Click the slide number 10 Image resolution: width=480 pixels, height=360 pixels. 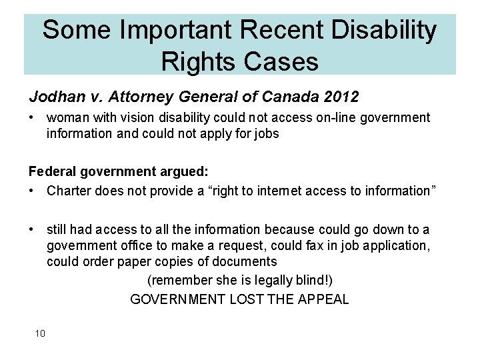tap(40, 333)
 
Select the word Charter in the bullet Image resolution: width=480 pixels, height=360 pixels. tap(69, 191)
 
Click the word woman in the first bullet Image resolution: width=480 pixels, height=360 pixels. tap(66, 118)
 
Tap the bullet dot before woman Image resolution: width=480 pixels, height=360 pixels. tap(32, 118)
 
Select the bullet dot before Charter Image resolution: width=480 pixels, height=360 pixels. tap(32, 191)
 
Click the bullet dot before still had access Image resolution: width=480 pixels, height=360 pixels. tap(32, 230)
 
